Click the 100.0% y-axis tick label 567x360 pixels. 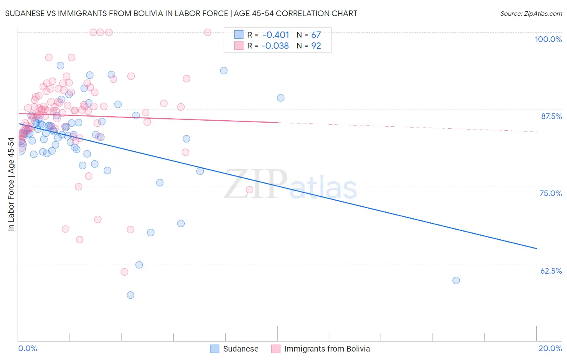(x=548, y=39)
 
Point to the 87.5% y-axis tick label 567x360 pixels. (x=551, y=116)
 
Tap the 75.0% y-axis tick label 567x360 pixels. (x=550, y=193)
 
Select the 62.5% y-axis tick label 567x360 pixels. (x=551, y=271)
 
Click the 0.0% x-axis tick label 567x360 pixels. (x=27, y=348)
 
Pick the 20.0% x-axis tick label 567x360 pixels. (x=550, y=348)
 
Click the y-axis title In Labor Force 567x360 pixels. (x=11, y=184)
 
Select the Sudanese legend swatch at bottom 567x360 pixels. (x=215, y=349)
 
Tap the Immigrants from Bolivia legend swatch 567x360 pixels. (x=276, y=349)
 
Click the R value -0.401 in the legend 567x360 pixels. (x=276, y=35)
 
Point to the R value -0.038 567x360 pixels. (x=275, y=46)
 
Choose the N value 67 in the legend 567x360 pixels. (x=316, y=35)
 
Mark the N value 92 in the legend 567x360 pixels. (x=316, y=46)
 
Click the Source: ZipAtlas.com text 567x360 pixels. (x=531, y=13)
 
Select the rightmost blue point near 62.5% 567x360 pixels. (x=456, y=280)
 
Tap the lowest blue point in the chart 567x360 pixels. (x=130, y=295)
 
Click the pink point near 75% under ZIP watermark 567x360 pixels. (x=249, y=190)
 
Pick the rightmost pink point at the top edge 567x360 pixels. (x=208, y=32)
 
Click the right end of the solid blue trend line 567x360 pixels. (x=536, y=249)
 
